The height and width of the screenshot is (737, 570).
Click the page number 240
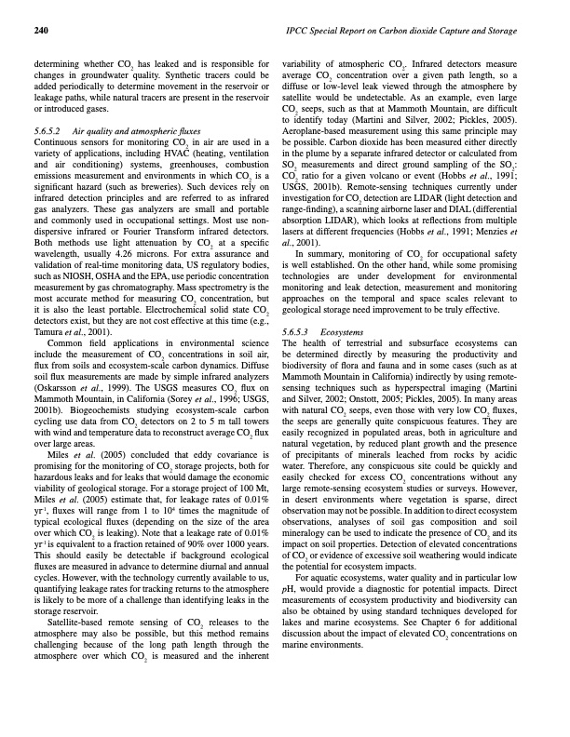tap(40, 32)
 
